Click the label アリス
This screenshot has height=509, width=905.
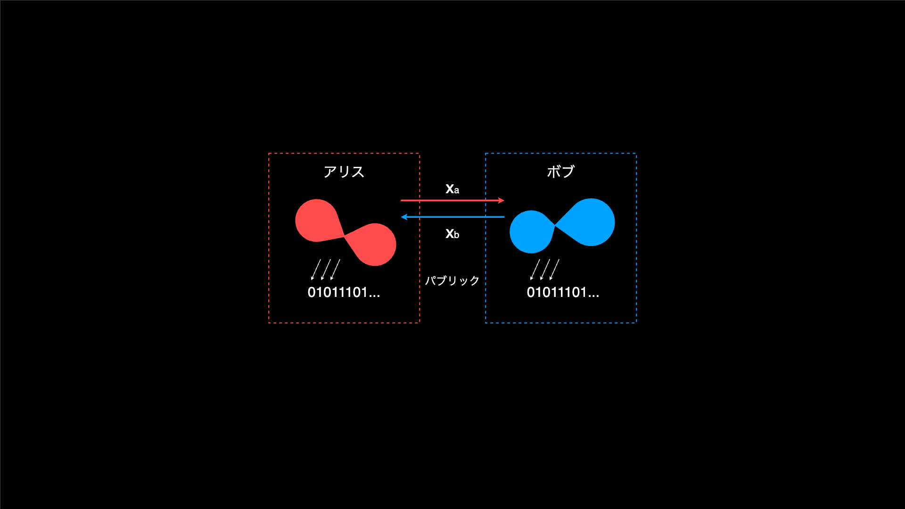coord(344,172)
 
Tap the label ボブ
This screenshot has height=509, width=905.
coord(560,172)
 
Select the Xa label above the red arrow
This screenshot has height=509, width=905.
coord(452,189)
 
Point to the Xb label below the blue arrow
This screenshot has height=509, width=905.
coord(452,234)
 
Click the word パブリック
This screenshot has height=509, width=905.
coord(452,280)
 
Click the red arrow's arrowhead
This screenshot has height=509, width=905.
coord(501,200)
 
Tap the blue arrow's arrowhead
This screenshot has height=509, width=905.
coord(404,217)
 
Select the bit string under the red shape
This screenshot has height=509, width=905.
coord(344,292)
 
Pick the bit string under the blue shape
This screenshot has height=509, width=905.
coord(563,292)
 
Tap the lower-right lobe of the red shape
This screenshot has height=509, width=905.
coord(374,245)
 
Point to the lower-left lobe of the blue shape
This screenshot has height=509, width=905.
coord(531,232)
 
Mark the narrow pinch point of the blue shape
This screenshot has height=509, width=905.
coord(555,226)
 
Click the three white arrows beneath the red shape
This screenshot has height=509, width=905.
coord(326,270)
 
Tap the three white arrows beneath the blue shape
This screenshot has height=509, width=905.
coord(545,270)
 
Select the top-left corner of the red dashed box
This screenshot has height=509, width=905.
coord(269,153)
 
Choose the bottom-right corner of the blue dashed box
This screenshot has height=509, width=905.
coord(636,323)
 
